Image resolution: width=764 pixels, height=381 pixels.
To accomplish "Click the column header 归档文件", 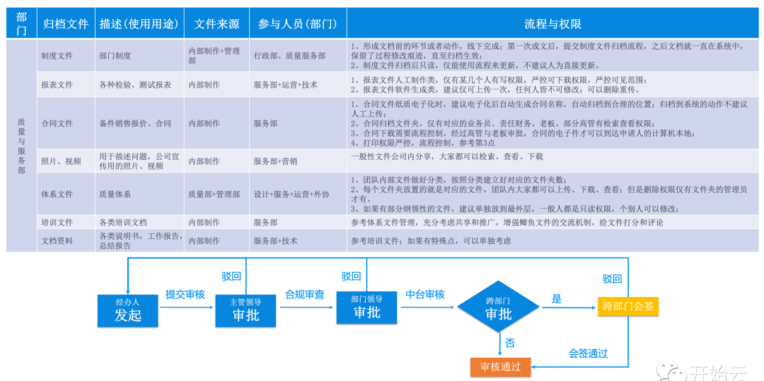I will click(66, 23).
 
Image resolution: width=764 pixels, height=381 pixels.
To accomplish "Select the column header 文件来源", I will click(216, 23).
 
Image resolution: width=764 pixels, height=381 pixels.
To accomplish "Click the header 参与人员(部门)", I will click(298, 23).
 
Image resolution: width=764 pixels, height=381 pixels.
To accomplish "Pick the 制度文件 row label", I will click(57, 56).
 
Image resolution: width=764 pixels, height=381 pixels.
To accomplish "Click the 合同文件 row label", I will click(57, 123).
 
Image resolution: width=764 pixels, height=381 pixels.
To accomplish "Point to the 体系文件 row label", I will click(57, 194).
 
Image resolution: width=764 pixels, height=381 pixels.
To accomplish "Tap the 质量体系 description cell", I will click(115, 194).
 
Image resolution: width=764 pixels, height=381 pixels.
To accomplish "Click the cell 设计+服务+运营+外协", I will click(291, 194).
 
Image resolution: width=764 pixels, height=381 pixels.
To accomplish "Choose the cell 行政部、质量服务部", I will click(289, 56).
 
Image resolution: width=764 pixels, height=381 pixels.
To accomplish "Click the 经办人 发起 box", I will click(128, 310).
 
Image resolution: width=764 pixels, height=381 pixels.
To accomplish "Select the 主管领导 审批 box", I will click(245, 310).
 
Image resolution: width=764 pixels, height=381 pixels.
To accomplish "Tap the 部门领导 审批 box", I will click(366, 307).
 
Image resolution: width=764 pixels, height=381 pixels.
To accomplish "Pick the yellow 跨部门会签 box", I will click(628, 307).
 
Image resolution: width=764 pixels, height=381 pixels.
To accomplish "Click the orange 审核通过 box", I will click(500, 366).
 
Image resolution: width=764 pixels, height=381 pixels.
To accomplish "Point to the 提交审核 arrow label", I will click(185, 294).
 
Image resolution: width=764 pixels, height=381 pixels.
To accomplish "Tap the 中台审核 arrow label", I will click(424, 294).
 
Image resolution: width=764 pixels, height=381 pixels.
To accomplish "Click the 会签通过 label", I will click(588, 353).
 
